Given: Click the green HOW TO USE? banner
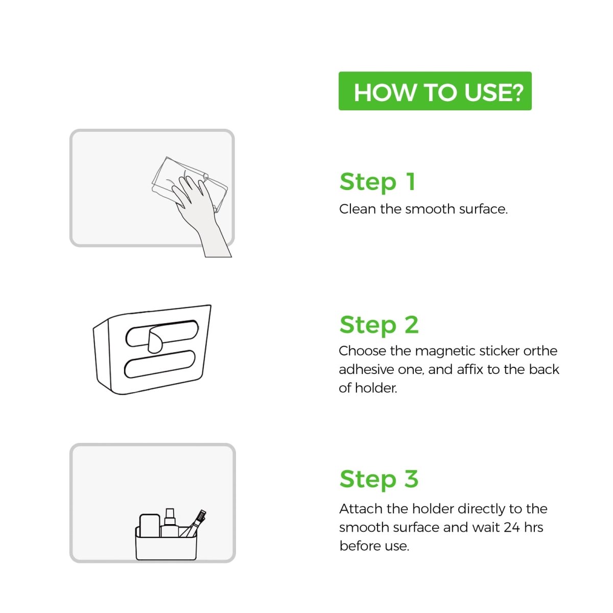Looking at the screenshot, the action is point(435,91).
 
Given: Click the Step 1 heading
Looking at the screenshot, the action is point(378,182).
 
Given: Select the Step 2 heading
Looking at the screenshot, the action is point(379,325).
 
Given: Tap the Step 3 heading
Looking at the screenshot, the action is point(379,479).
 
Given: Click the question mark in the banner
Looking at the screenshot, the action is point(516,92).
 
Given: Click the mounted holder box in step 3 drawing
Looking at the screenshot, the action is point(166,544).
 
